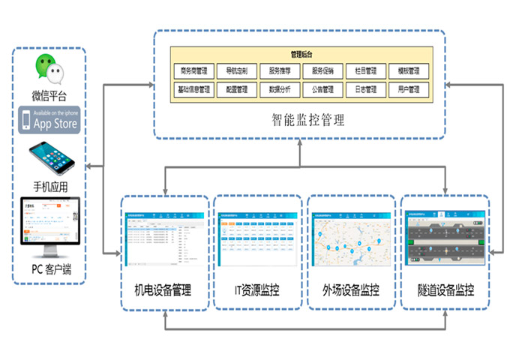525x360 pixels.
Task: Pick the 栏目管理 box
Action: (x=366, y=72)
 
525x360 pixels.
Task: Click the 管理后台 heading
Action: (x=301, y=55)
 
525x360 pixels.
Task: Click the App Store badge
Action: (x=49, y=119)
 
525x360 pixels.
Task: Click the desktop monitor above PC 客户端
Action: (x=49, y=224)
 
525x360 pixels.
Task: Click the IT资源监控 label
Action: (x=256, y=290)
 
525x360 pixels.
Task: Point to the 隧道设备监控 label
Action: (x=445, y=290)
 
